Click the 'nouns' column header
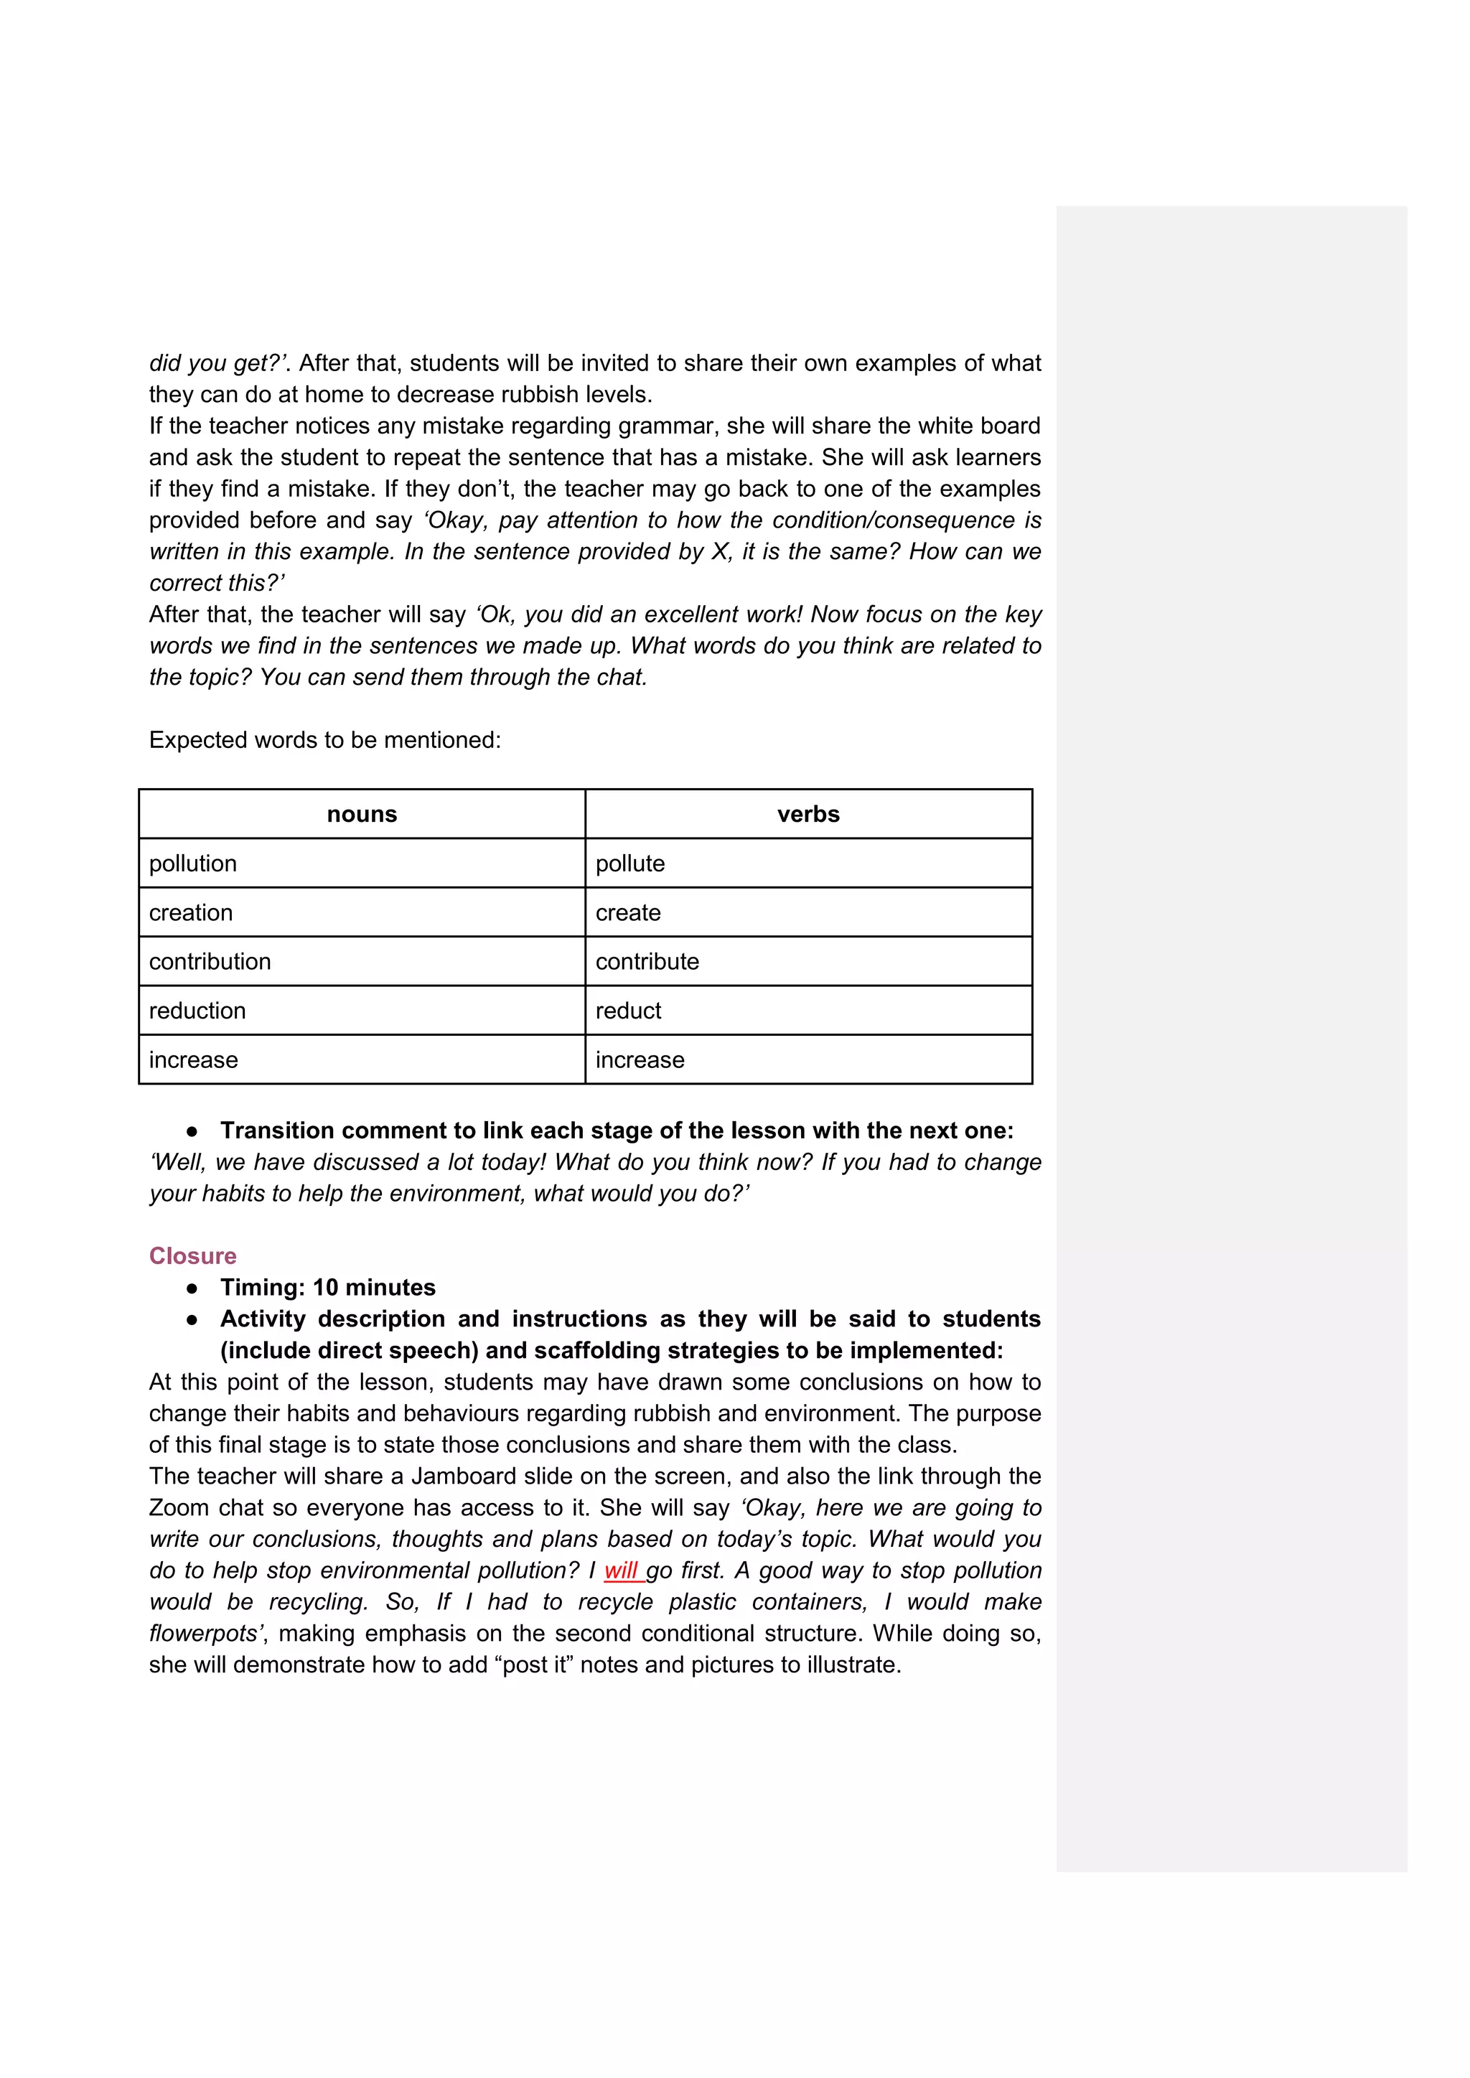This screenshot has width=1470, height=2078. tap(362, 815)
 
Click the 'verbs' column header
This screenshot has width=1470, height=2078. tap(808, 815)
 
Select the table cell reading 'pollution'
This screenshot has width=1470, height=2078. tap(193, 864)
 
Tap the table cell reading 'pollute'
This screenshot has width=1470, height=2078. tap(630, 864)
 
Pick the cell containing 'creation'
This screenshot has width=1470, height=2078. tap(191, 912)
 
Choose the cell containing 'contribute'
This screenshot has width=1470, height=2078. tap(647, 961)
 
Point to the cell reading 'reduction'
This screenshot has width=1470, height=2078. tap(197, 1010)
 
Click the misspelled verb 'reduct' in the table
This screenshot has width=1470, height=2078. tap(628, 1010)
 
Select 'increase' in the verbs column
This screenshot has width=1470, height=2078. tap(640, 1060)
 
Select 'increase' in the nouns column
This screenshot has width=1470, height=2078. tap(194, 1060)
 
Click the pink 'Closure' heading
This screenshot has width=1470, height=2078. tap(193, 1256)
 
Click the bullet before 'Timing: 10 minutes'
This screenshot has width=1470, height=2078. tap(192, 1288)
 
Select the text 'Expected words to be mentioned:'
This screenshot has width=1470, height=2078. tap(325, 740)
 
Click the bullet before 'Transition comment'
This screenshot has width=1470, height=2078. tap(192, 1131)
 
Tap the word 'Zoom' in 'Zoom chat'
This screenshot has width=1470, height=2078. tap(178, 1508)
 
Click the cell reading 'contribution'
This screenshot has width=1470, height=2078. tap(210, 961)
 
